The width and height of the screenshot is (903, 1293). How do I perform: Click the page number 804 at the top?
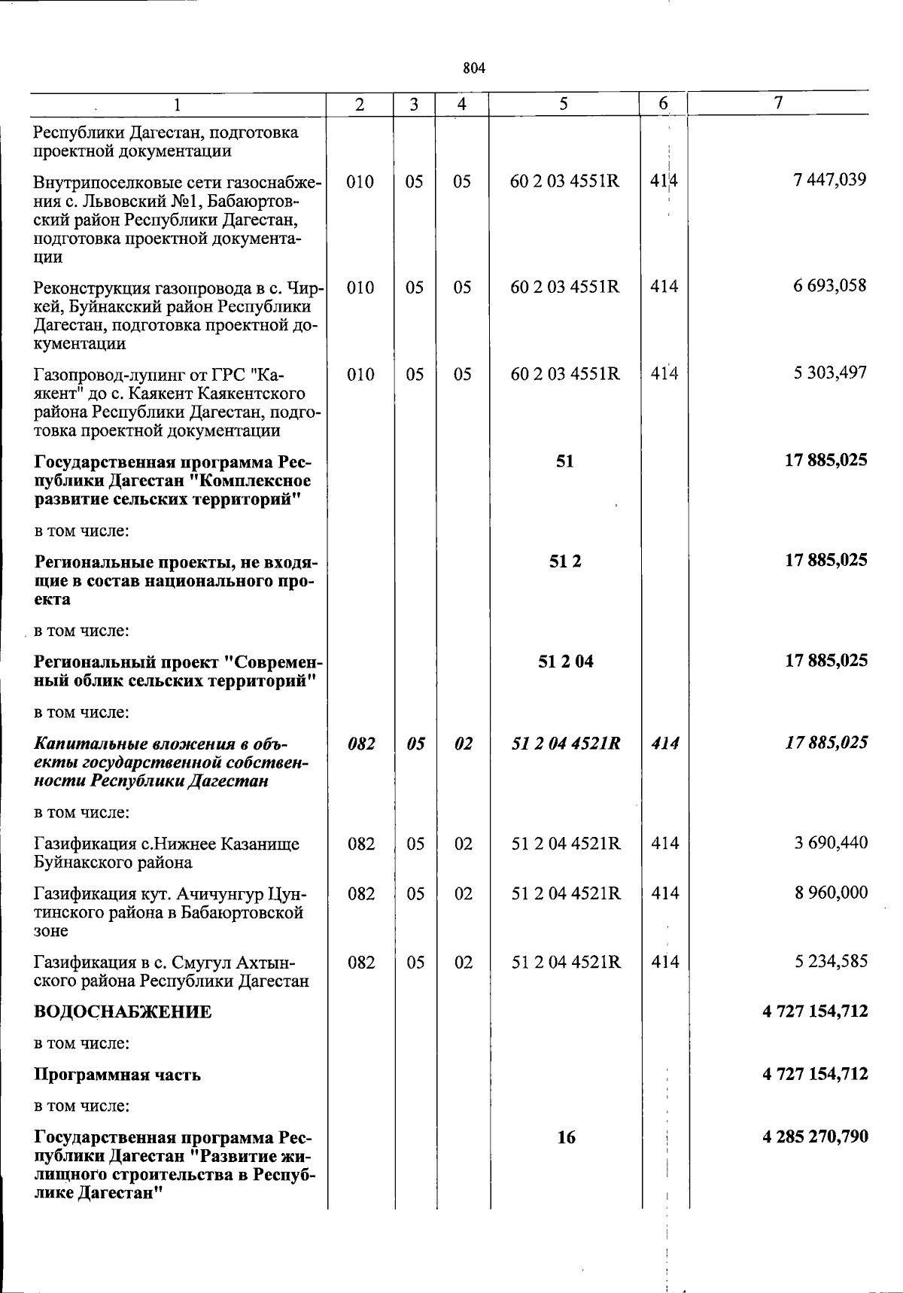point(474,68)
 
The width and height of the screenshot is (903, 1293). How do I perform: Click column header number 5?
point(564,105)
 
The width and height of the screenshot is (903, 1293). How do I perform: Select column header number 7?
point(780,103)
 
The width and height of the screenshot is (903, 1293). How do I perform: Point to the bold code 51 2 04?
point(566,662)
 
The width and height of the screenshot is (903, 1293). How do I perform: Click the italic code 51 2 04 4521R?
point(566,744)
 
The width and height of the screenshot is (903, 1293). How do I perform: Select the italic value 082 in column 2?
point(361,744)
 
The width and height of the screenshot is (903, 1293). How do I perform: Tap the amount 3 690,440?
point(831,843)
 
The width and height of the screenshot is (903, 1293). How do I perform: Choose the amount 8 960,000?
point(831,893)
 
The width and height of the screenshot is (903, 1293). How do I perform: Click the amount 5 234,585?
point(831,961)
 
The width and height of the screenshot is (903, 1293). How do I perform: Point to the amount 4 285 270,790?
point(815,1136)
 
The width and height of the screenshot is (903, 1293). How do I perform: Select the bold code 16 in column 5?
point(566,1137)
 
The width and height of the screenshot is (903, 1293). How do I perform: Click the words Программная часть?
point(117,1075)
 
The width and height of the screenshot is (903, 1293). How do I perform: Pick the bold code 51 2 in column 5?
point(565,561)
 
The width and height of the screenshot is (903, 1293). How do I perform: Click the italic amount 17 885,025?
point(826,743)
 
